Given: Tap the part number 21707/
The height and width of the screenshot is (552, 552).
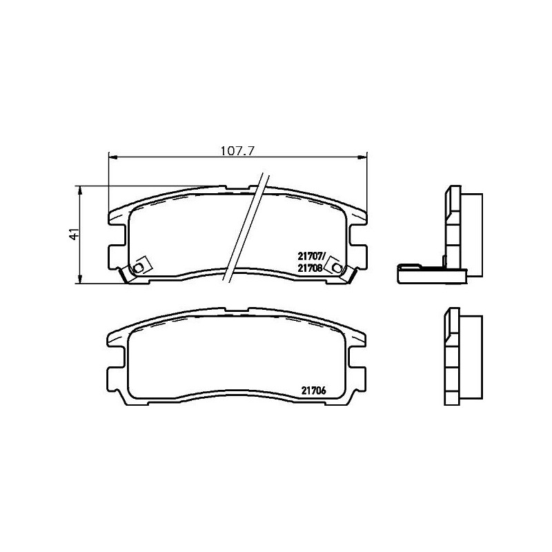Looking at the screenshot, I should pyautogui.click(x=311, y=255).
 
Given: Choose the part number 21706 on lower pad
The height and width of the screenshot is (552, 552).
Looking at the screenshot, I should pyautogui.click(x=313, y=389).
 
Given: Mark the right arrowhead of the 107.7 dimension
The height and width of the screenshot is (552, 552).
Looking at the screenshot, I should pyautogui.click(x=364, y=157).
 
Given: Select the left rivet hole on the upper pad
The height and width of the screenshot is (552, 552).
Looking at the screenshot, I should pyautogui.click(x=139, y=267).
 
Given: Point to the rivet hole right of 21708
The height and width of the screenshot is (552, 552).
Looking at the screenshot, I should pyautogui.click(x=336, y=266).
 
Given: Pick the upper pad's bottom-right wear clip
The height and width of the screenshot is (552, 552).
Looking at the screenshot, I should pyautogui.click(x=351, y=277).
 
